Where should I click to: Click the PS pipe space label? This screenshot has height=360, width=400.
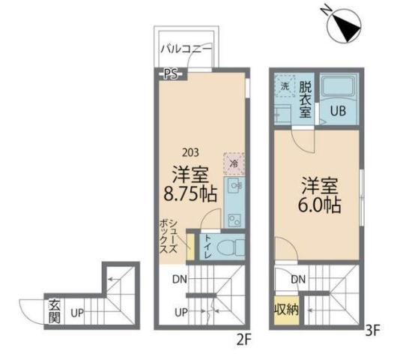[172, 73]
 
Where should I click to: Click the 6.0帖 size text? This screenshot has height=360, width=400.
[320, 204]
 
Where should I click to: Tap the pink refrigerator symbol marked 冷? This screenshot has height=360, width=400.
[233, 163]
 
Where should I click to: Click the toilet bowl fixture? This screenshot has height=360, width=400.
[229, 246]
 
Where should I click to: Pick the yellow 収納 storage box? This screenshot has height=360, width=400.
[285, 309]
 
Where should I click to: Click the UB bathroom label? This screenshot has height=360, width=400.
[339, 112]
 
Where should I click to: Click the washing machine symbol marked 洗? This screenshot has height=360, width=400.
[284, 86]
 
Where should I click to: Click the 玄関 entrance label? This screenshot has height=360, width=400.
[55, 310]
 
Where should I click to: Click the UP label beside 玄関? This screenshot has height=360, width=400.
[76, 311]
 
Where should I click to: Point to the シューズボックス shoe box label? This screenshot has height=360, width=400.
[169, 237]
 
